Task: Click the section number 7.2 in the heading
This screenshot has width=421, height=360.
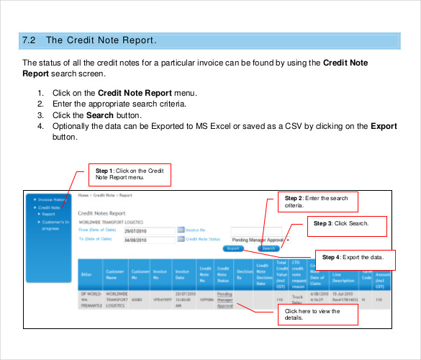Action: tap(30, 40)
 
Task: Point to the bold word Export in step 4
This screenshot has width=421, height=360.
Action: tap(384, 126)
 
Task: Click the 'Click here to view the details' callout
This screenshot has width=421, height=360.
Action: tap(317, 315)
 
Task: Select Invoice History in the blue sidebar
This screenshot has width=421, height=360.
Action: tap(53, 199)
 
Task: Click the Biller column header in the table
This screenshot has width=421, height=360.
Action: tap(86, 274)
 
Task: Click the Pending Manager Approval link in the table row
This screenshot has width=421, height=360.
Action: tap(225, 300)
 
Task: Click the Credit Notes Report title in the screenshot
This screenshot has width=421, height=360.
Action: tap(101, 214)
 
